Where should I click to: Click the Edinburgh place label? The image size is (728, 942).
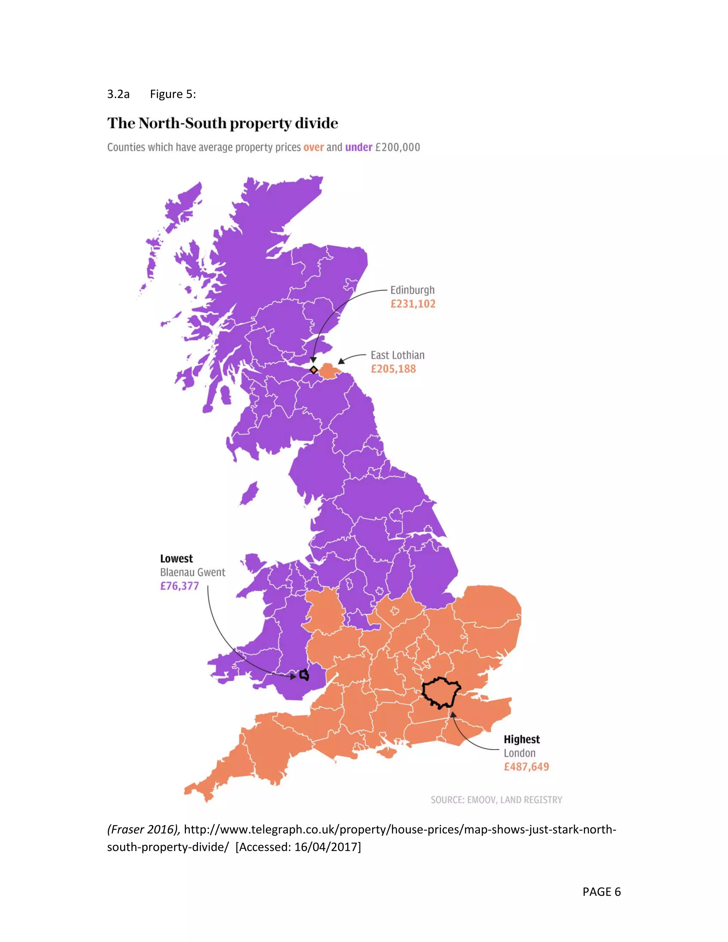412,290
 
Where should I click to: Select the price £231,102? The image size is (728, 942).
413,304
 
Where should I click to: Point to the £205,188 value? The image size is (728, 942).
394,369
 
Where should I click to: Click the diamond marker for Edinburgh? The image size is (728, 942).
314,370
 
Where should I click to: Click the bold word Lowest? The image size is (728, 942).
176,559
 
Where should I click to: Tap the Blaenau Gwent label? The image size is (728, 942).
193,573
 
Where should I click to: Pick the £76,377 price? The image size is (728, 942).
180,587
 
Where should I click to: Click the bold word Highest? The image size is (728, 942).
521,740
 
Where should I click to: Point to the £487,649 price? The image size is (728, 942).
526,767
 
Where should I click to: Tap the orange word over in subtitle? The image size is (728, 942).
314,148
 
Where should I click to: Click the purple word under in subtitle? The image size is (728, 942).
358,148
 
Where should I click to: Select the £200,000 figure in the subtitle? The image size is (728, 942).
397,148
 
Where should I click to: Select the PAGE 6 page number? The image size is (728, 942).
601,892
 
